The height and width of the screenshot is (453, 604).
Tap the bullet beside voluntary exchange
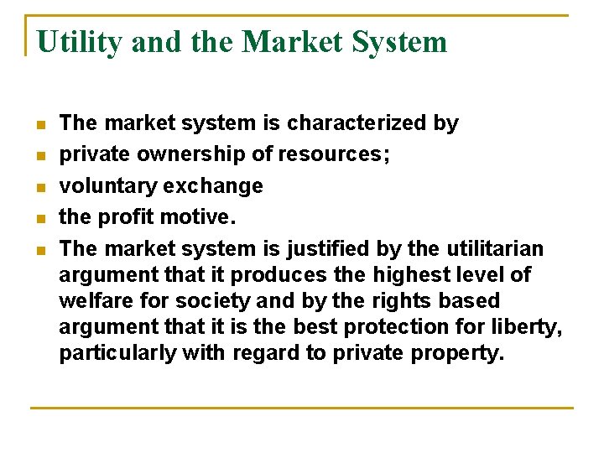[x=39, y=186]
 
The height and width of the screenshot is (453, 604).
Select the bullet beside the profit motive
[x=39, y=218]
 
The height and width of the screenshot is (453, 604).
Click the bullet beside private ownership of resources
[x=39, y=155]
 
